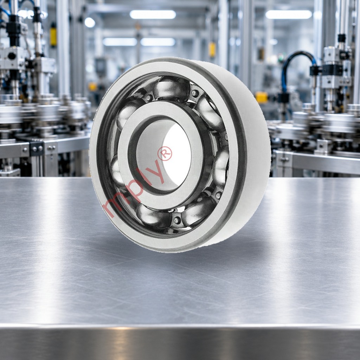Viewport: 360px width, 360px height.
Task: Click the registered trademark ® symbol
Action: [x=165, y=153]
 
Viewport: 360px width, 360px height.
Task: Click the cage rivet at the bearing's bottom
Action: [x=177, y=220]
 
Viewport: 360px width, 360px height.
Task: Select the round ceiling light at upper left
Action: [x=90, y=22]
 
